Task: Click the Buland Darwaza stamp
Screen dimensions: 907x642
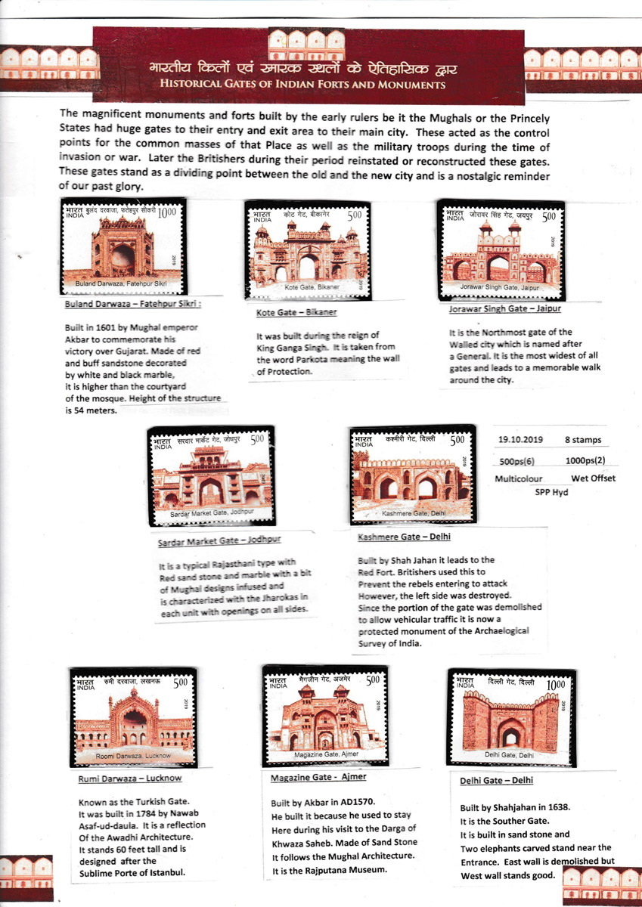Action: pyautogui.click(x=123, y=246)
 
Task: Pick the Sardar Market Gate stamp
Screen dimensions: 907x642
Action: pyautogui.click(x=210, y=478)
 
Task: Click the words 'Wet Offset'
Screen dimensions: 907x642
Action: pyautogui.click(x=593, y=478)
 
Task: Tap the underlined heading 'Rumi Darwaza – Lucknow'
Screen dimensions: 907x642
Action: pyautogui.click(x=130, y=778)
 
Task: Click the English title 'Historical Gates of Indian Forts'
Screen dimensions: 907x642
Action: pyautogui.click(x=302, y=85)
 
